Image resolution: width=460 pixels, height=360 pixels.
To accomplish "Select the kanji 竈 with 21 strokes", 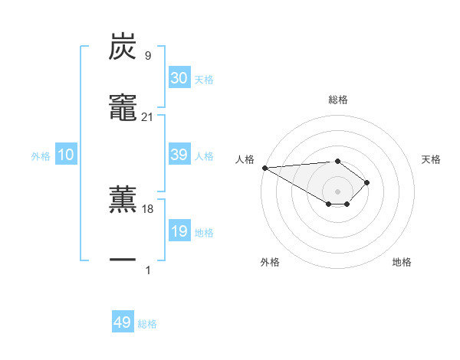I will (x=123, y=108).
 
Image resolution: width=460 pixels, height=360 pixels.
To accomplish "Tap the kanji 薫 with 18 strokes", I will (x=123, y=200).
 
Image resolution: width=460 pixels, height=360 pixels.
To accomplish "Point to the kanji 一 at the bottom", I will (x=123, y=261).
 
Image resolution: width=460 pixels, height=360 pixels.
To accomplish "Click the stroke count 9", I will (x=147, y=55).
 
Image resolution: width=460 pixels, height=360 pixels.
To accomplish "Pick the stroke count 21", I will (x=147, y=116).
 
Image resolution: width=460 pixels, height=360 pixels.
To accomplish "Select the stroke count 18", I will (x=147, y=208).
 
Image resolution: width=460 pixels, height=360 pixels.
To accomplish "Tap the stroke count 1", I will (x=147, y=270).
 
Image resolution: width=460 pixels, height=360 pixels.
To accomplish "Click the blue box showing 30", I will (x=179, y=78).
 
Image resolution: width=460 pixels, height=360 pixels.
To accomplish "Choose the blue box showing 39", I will (x=179, y=155).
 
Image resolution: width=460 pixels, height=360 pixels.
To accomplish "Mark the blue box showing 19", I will (x=179, y=231).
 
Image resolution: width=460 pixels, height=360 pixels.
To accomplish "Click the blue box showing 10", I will (x=66, y=155).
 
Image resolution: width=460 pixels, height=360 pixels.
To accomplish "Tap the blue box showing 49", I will (x=123, y=322).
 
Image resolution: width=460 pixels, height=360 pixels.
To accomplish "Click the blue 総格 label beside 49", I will (x=147, y=324).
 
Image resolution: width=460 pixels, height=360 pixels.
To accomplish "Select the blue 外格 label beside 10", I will (x=41, y=156).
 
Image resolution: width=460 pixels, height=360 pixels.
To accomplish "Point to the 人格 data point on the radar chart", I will (x=264, y=168).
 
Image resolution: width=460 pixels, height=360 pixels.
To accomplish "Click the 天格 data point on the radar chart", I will (x=367, y=182).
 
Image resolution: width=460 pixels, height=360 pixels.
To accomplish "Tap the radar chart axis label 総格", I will (x=338, y=100).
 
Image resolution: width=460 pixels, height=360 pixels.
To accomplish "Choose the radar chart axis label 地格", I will (x=402, y=262).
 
